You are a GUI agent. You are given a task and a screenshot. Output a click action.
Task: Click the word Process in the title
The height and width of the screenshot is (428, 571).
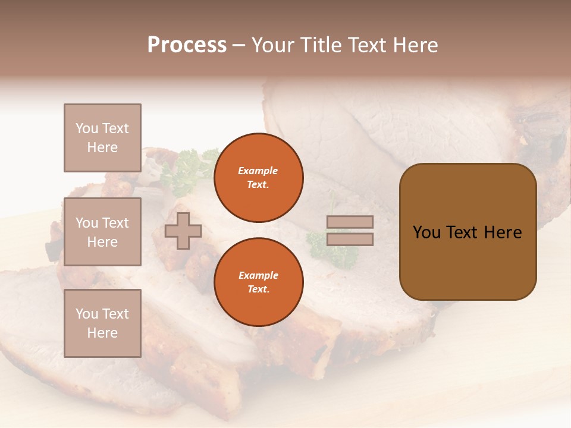click(x=187, y=45)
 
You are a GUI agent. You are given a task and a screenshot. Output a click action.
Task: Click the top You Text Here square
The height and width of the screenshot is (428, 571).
click(x=102, y=138)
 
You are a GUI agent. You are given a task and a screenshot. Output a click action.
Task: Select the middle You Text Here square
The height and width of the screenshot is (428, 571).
click(x=102, y=232)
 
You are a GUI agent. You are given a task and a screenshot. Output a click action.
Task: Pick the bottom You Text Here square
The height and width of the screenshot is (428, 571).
click(x=102, y=323)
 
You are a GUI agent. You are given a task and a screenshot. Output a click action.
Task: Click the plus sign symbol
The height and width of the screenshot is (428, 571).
click(x=183, y=231)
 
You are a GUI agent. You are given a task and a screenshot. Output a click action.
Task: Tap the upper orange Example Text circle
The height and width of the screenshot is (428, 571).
click(x=258, y=178)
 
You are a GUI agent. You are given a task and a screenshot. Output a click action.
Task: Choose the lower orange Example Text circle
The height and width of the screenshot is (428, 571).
click(x=258, y=282)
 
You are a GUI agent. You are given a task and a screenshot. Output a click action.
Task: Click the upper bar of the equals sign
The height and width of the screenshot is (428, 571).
click(x=350, y=222)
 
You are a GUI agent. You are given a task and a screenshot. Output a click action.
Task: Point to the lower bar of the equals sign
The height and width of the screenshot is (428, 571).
click(x=350, y=239)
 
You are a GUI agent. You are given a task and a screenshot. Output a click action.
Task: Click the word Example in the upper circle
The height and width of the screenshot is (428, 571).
click(x=258, y=171)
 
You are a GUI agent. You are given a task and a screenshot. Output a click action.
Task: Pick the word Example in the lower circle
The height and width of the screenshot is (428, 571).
click(x=258, y=275)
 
